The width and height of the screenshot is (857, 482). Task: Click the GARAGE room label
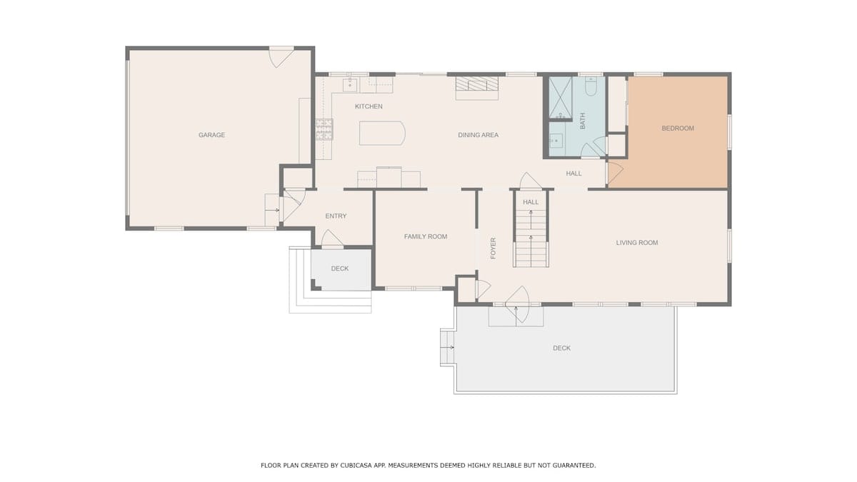pos(211,135)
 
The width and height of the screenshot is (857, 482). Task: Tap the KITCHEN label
pos(369,106)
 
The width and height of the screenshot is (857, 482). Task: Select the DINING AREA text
pos(478,135)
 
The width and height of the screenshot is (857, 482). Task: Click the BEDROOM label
pos(678,128)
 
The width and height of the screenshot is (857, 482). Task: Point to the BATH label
pos(582,121)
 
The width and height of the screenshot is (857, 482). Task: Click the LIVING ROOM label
pos(637,243)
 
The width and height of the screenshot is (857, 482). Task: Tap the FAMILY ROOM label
pos(426,237)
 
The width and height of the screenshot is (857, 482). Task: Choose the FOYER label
pos(493,248)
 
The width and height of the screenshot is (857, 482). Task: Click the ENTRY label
pos(336,216)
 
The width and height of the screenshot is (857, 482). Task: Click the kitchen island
pos(382,133)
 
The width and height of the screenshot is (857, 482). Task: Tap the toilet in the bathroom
pos(591,86)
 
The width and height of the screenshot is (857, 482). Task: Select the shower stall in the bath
pos(561,98)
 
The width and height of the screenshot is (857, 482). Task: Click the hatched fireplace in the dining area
pos(477,84)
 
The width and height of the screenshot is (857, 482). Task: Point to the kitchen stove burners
pos(324,129)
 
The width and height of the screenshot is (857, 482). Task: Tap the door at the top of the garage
pos(281,57)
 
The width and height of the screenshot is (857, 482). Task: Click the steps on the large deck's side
pos(447,347)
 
